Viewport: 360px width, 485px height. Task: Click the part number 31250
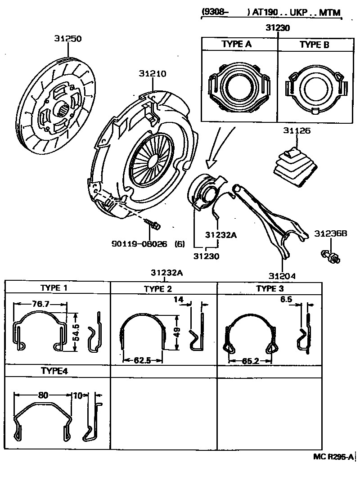(68, 39)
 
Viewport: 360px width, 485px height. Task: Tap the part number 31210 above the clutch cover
(153, 74)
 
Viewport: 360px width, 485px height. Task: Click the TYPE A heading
(237, 45)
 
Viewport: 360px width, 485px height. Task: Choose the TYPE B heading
(314, 45)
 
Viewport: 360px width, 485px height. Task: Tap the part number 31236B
(331, 234)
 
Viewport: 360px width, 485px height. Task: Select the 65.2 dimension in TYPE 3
(250, 361)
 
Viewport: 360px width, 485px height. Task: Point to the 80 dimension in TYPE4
(43, 395)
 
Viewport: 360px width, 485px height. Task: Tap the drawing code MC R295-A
(333, 457)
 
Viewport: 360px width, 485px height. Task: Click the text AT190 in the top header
(264, 13)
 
